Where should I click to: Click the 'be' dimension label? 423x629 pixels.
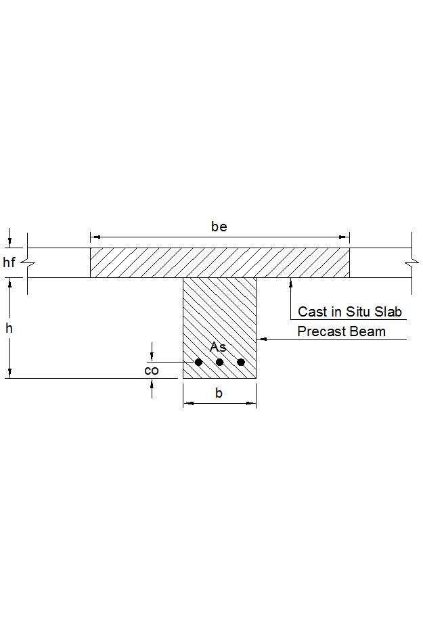219,227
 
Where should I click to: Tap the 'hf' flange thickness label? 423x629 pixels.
9,262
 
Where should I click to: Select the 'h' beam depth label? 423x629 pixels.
9,328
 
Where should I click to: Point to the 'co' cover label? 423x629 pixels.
152,370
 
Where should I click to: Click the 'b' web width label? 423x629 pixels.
219,393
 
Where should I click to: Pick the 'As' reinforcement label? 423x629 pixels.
218,347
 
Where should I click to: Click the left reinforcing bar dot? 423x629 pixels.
198,362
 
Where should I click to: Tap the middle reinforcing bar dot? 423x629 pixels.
219,362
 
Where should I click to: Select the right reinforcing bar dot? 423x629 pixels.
241,362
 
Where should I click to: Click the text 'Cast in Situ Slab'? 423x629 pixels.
350,312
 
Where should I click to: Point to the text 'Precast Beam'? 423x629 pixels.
341,331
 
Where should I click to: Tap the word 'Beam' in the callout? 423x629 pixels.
370,331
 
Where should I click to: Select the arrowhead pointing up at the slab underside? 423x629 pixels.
290,282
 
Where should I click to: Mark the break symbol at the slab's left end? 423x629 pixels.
27,262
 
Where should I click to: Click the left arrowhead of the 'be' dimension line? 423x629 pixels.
95,237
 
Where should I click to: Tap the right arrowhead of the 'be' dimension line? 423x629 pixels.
345,237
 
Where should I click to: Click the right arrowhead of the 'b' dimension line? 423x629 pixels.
252,404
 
